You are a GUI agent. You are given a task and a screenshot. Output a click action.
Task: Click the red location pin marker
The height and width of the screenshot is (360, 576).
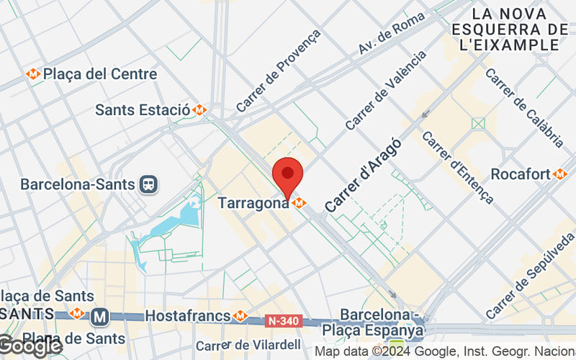(288, 175)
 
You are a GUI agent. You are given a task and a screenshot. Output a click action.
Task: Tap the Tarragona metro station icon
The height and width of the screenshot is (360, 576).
(300, 203)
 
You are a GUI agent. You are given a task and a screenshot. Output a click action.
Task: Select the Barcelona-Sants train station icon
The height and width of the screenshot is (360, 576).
(149, 184)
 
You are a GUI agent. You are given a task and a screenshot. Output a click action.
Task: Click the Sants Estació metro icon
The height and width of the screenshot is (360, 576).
(199, 110)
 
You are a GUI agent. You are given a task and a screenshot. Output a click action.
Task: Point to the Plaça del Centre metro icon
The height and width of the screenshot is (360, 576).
(33, 73)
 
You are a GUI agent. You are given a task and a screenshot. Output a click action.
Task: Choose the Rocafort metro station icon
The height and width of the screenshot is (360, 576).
(560, 174)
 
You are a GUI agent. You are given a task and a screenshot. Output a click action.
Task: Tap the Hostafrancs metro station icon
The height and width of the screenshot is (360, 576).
(240, 315)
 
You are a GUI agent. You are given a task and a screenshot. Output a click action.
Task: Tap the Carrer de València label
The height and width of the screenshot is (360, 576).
(386, 89)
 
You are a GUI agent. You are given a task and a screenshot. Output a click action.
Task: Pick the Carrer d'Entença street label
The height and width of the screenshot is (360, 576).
(457, 166)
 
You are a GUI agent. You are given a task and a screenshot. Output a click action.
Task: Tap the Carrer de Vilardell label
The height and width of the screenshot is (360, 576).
(248, 345)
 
